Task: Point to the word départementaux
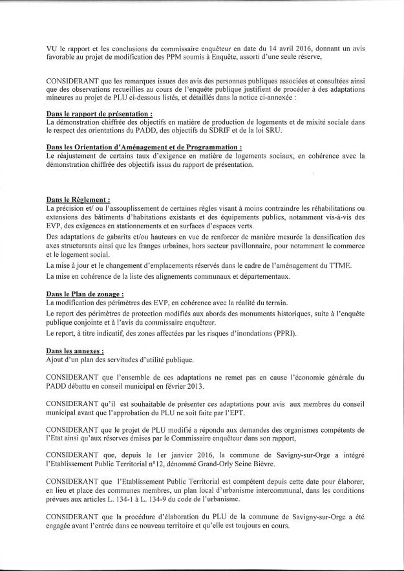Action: click(x=249, y=277)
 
